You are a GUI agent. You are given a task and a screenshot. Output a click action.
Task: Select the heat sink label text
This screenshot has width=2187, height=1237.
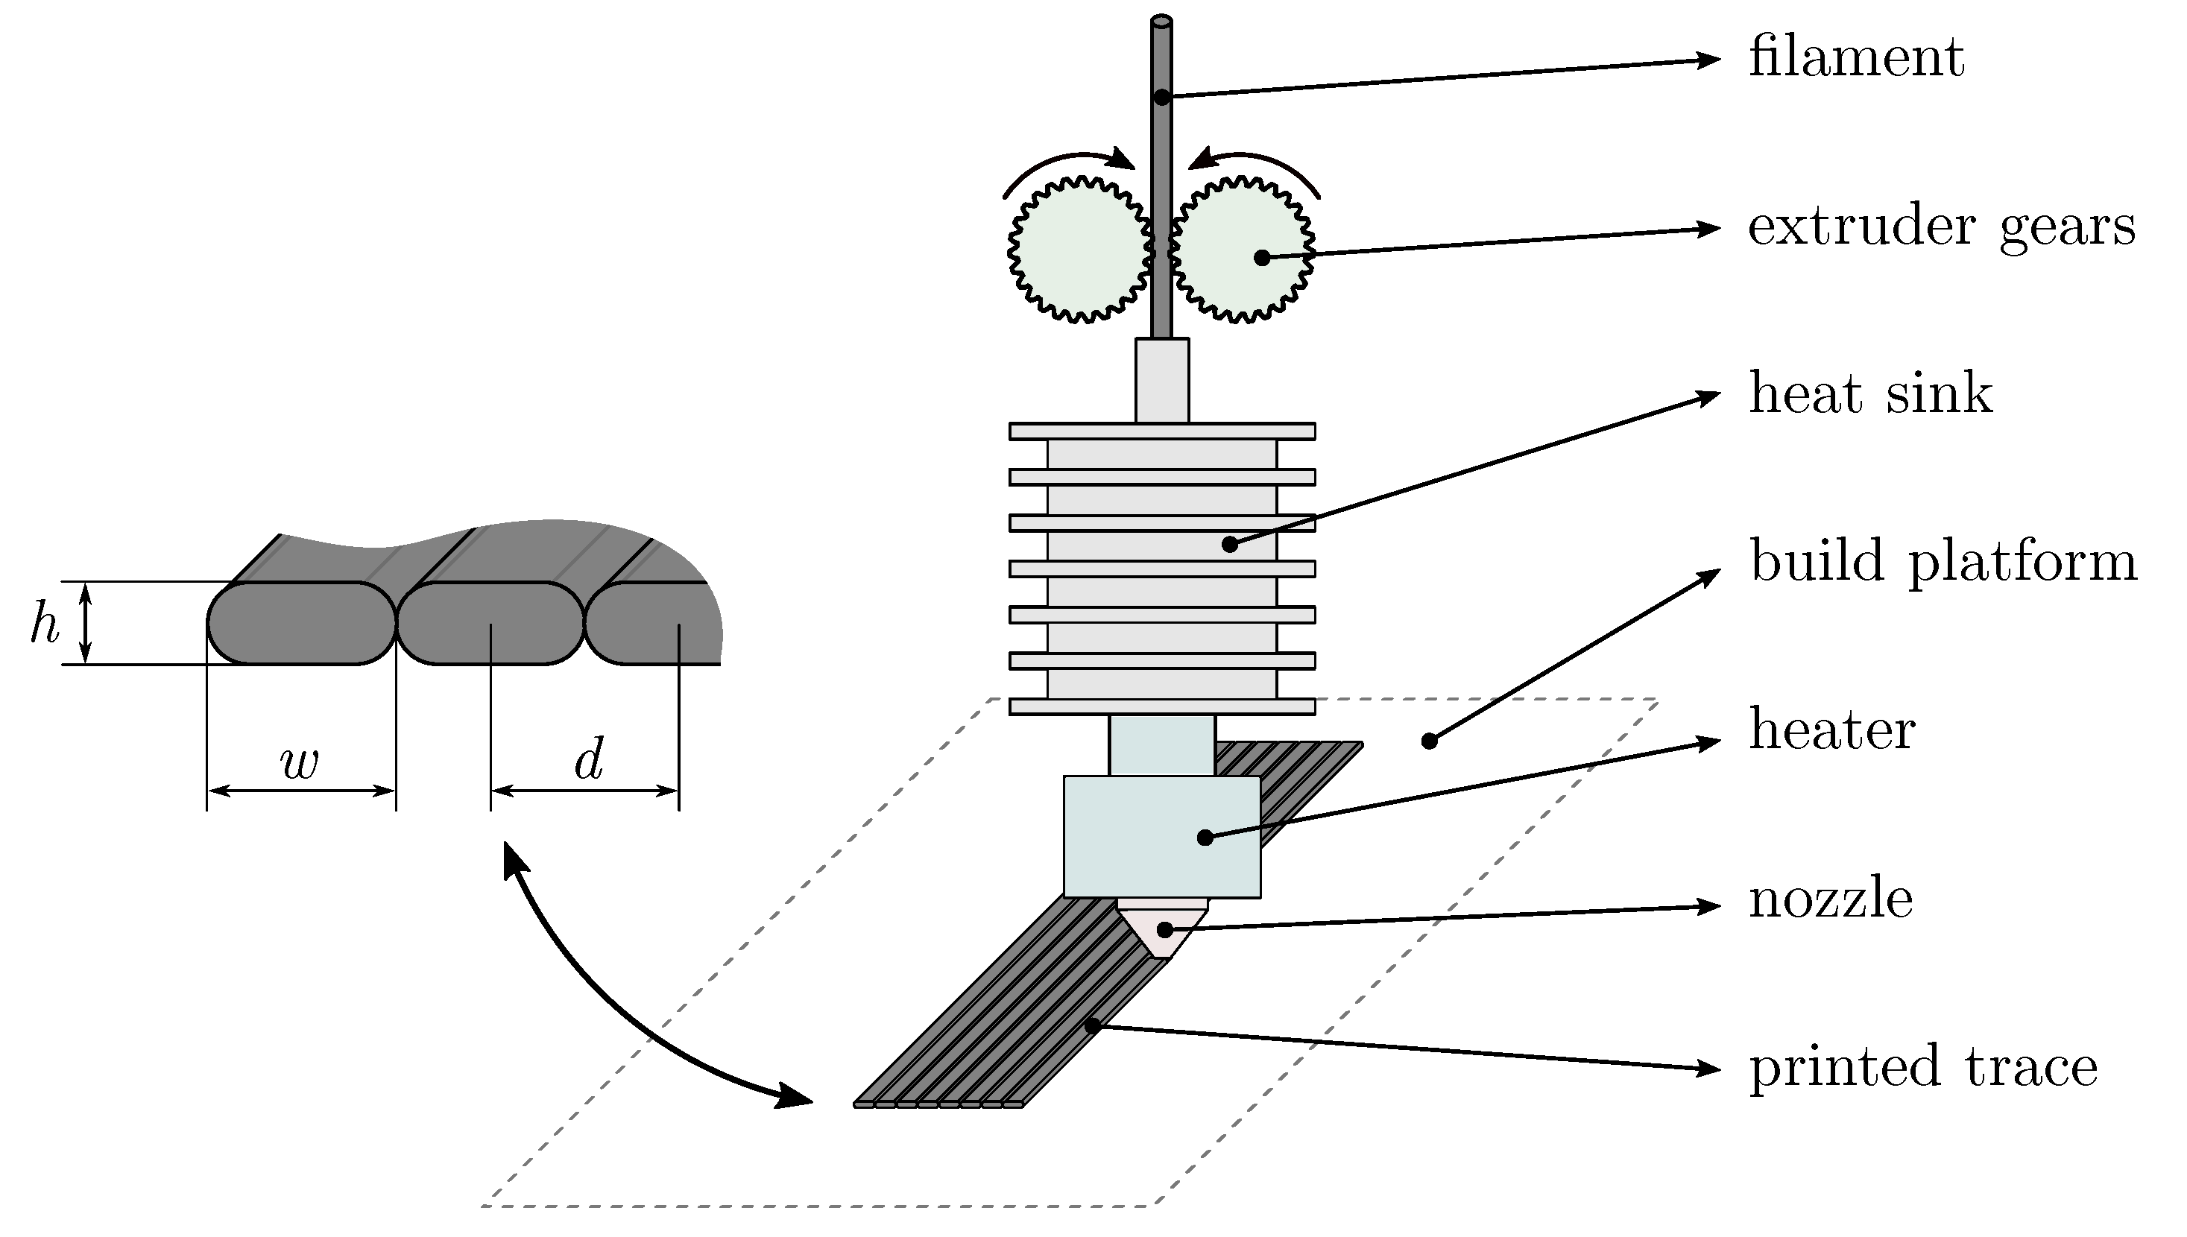tap(1870, 393)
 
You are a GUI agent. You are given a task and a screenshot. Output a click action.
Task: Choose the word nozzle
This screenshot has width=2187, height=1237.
tap(1831, 898)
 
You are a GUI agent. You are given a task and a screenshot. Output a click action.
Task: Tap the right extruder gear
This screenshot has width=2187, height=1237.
tap(1240, 249)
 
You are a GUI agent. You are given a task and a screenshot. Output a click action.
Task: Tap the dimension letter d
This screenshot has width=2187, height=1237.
tap(589, 759)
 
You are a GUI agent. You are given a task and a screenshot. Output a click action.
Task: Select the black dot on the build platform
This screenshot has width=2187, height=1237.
tap(1429, 741)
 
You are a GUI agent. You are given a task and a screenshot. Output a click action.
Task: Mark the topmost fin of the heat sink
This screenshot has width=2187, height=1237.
tap(1161, 431)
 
